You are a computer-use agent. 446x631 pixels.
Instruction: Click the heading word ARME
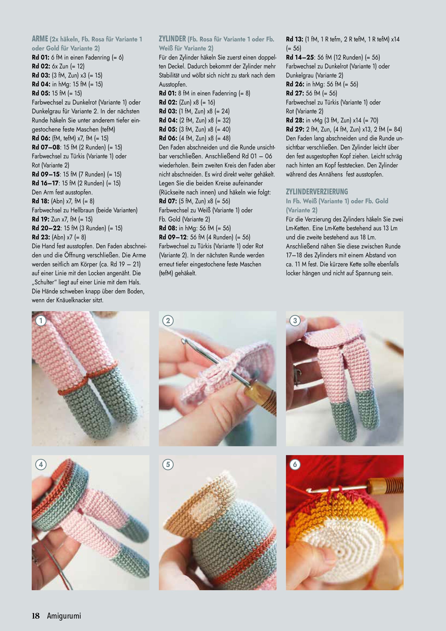(40, 39)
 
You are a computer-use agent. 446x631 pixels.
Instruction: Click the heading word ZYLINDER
(172, 39)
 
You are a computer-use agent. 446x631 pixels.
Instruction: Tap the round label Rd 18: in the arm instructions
(40, 201)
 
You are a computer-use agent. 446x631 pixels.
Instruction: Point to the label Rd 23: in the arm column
(41, 237)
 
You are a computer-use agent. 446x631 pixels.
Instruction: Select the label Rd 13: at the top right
(294, 39)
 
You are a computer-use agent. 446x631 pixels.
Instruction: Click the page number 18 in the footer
(36, 616)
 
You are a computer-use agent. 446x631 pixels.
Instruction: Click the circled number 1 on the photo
(41, 320)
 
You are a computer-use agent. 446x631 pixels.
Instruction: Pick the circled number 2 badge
(168, 320)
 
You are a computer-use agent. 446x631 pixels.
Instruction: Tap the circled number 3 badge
(295, 320)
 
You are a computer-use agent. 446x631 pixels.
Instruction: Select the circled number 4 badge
(41, 464)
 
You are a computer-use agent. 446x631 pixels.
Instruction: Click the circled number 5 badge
(168, 464)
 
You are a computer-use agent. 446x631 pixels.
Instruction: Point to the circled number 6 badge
(295, 464)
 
